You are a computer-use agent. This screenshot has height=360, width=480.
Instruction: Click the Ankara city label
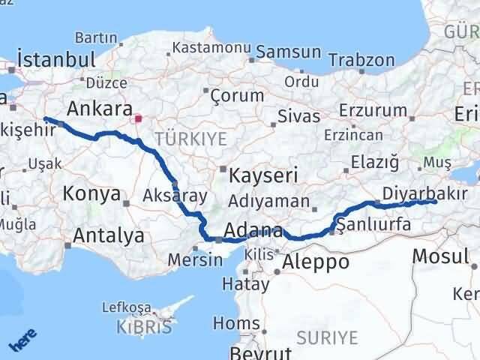tap(100, 106)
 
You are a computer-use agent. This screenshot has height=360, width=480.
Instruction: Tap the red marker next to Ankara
tap(136, 118)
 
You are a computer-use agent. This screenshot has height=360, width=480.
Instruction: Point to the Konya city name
tap(92, 193)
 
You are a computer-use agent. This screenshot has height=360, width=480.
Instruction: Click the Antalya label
tap(109, 236)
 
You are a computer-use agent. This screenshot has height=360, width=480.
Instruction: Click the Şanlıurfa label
tap(373, 224)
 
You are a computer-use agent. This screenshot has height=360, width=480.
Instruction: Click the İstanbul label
tap(55, 60)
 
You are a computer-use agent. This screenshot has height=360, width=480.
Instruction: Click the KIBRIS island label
tap(144, 327)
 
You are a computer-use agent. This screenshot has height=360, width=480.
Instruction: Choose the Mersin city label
tap(197, 260)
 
